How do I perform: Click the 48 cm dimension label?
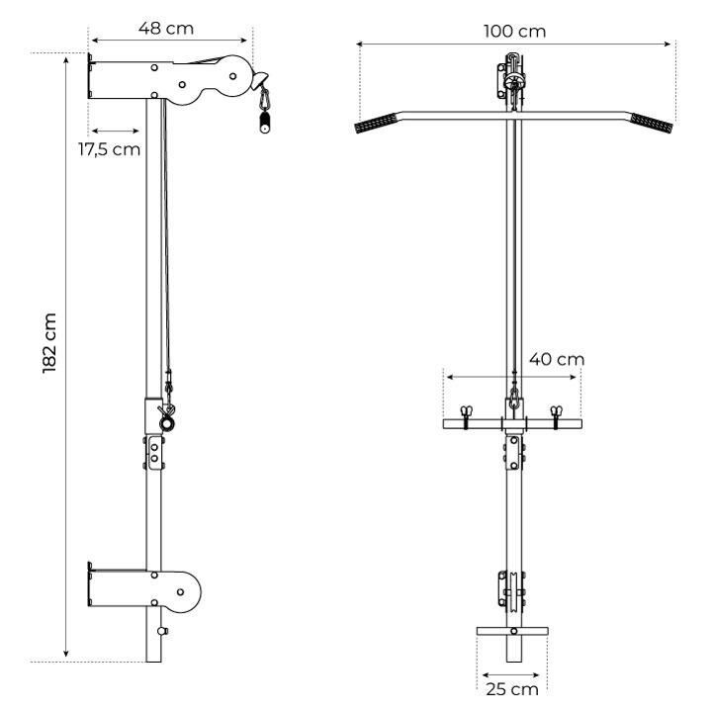[166, 28]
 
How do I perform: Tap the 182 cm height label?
[49, 343]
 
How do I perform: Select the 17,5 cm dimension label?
[110, 149]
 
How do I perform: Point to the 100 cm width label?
[514, 32]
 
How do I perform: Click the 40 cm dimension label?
[557, 359]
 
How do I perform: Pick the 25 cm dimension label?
[512, 689]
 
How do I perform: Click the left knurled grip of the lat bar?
[376, 123]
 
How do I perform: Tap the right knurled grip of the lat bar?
[651, 123]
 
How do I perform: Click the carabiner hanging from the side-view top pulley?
[264, 99]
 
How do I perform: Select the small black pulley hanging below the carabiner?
[264, 123]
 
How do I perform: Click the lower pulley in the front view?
[512, 590]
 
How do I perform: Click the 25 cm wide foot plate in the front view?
[512, 631]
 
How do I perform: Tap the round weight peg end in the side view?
[166, 424]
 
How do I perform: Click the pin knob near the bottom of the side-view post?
[163, 631]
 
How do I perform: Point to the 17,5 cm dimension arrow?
[116, 132]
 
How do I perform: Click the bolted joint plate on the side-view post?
[154, 453]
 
